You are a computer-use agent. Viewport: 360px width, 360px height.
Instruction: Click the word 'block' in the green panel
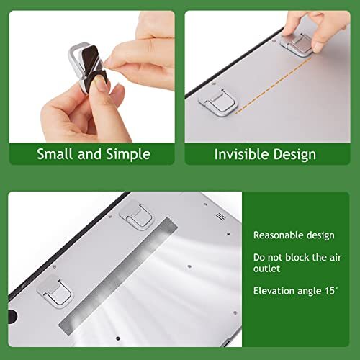pos(295,257)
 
